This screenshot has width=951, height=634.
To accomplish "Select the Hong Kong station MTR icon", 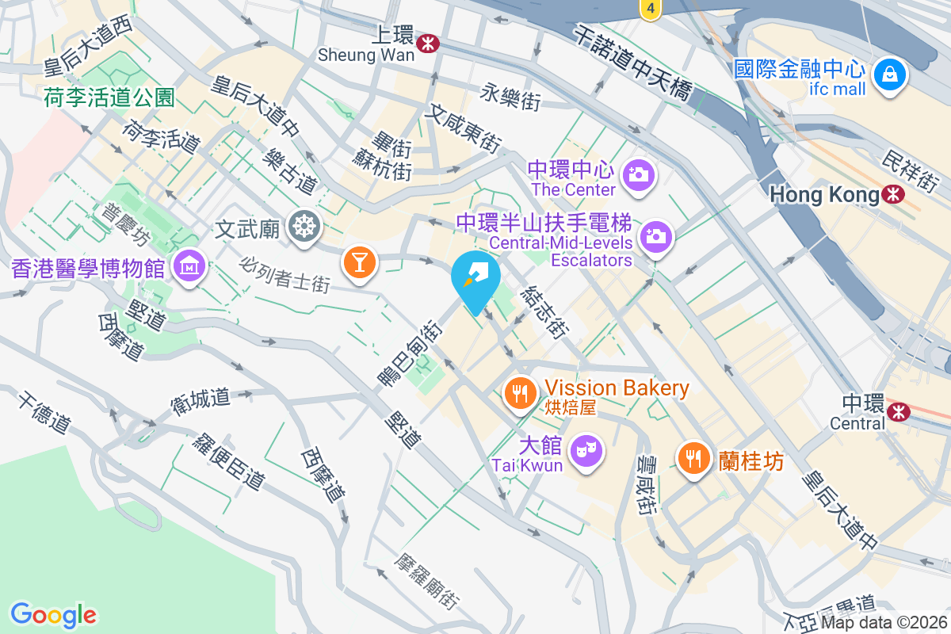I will click(893, 193).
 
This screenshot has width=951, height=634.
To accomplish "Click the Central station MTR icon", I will click(898, 411).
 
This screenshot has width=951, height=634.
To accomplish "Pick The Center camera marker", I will click(637, 174).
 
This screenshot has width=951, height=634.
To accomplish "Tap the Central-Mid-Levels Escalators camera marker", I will click(655, 235).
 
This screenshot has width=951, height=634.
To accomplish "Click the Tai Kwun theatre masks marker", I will click(586, 451).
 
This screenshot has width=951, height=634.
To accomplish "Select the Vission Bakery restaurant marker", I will click(520, 391).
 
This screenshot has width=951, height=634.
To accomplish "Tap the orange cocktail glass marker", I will click(359, 262).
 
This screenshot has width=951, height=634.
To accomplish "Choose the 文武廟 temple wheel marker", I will click(304, 227).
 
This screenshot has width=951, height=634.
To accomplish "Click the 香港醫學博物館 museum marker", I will click(190, 264).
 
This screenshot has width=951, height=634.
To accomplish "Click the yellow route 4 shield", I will click(650, 10).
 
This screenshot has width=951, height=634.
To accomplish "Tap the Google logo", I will click(53, 614).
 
